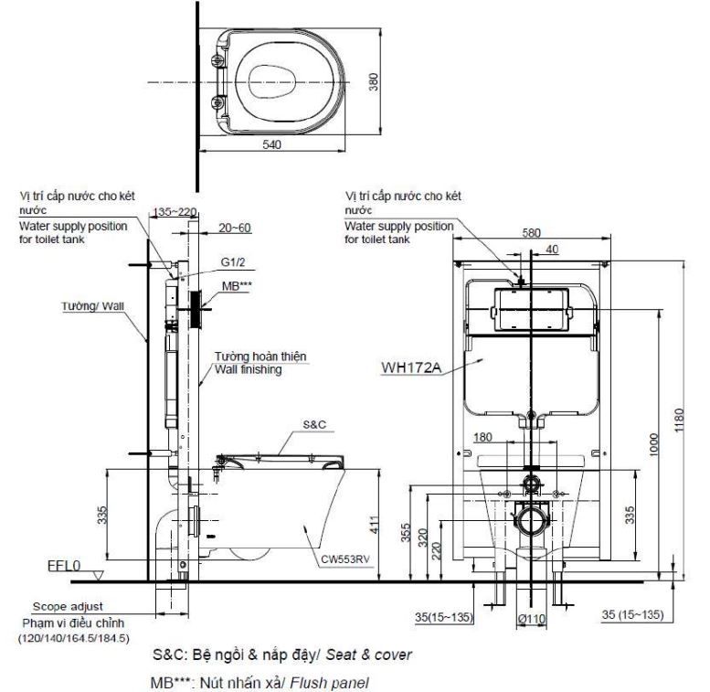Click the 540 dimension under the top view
270,144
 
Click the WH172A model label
412,369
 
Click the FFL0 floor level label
64,566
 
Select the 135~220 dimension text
177,211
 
